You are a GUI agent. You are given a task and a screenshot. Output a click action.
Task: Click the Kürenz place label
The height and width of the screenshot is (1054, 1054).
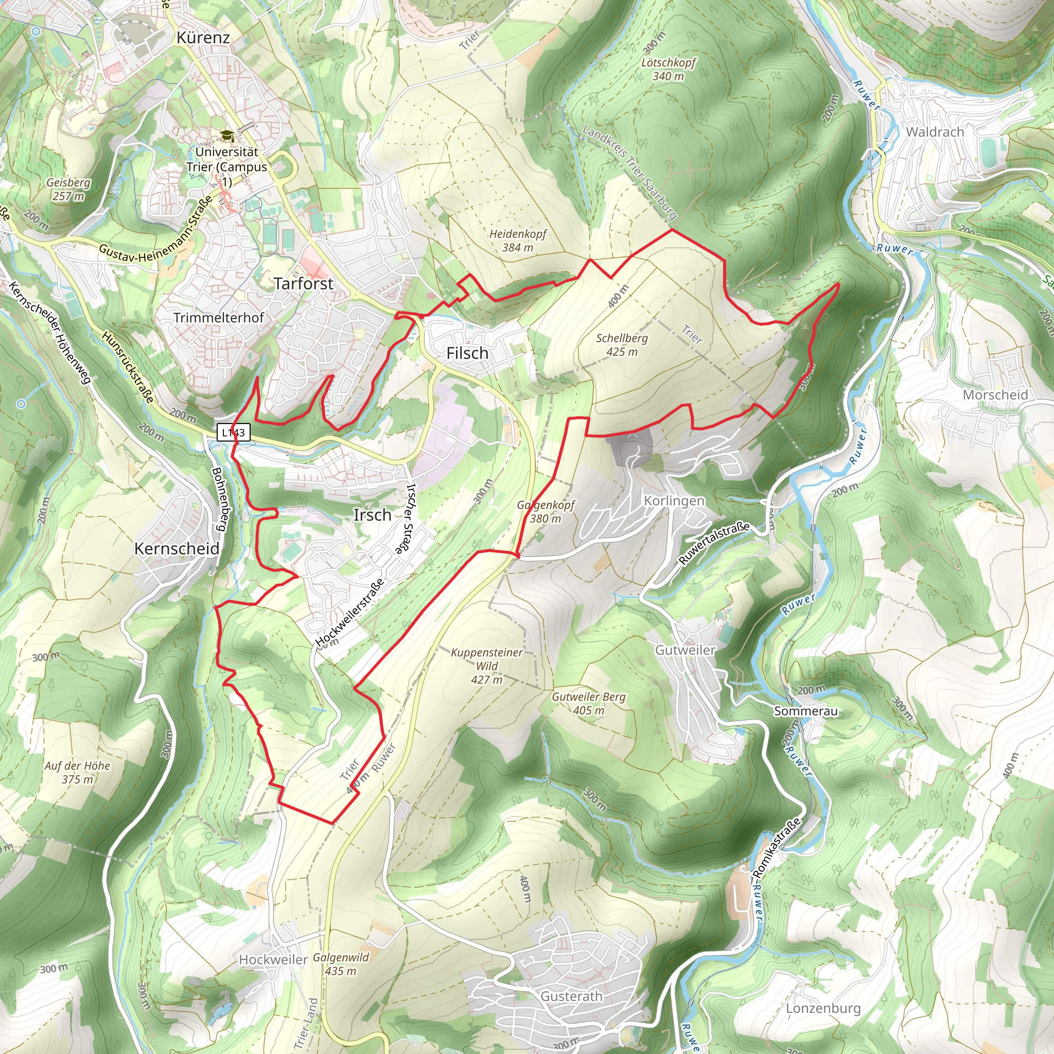pyautogui.click(x=203, y=38)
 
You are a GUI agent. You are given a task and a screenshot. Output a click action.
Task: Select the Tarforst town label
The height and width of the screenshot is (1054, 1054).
pyautogui.click(x=303, y=284)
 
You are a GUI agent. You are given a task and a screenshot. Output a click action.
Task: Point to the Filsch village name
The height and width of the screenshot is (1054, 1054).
pyautogui.click(x=467, y=354)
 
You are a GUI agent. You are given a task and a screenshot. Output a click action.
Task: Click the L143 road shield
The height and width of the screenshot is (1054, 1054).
pyautogui.click(x=234, y=433)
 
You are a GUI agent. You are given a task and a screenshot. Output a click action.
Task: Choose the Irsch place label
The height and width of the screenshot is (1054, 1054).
pyautogui.click(x=372, y=515)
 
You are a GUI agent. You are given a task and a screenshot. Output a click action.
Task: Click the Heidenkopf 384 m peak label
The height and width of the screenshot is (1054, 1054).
pyautogui.click(x=517, y=240)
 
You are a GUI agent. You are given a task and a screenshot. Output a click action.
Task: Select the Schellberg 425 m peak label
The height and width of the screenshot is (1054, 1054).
pyautogui.click(x=622, y=345)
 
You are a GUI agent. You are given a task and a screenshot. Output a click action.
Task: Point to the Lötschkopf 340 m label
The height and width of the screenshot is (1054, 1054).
pyautogui.click(x=669, y=69)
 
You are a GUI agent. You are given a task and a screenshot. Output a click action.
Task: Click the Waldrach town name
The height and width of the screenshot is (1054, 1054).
pyautogui.click(x=935, y=132)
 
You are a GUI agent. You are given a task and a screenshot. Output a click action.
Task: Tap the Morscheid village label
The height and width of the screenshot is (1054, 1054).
pyautogui.click(x=995, y=395)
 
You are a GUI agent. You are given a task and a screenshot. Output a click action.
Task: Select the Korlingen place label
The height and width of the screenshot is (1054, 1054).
pyautogui.click(x=674, y=501)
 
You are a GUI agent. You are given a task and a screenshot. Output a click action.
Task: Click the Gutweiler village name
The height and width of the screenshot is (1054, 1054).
pyautogui.click(x=685, y=651)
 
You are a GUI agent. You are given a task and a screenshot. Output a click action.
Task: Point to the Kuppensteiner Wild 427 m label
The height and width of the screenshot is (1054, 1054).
pyautogui.click(x=487, y=665)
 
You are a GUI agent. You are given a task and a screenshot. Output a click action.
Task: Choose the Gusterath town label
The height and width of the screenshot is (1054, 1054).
pyautogui.click(x=571, y=996)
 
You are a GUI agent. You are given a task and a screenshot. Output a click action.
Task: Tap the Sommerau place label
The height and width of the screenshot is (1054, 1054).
pyautogui.click(x=805, y=711)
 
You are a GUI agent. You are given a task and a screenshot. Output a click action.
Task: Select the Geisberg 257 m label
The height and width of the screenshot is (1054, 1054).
pyautogui.click(x=69, y=189)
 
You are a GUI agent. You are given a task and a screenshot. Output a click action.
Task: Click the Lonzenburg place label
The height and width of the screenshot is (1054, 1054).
pyautogui.click(x=823, y=1008)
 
